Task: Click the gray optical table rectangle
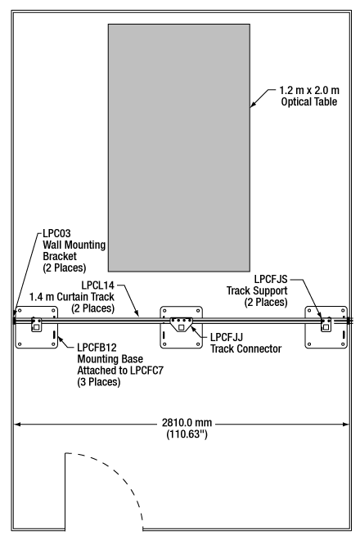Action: click(x=179, y=147)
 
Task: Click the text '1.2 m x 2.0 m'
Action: click(x=309, y=90)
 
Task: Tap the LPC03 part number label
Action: click(x=56, y=233)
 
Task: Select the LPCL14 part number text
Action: click(x=97, y=285)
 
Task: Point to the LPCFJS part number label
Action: click(x=271, y=279)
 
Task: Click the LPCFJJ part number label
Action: click(x=227, y=337)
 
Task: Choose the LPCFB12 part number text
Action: click(x=97, y=348)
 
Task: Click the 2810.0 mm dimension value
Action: click(x=187, y=423)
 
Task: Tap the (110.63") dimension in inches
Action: click(x=187, y=434)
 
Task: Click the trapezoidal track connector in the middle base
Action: click(x=181, y=324)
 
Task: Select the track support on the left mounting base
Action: click(x=36, y=324)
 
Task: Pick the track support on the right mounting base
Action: click(x=326, y=325)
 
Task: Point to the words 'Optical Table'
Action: click(x=309, y=101)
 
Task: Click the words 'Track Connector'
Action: click(x=245, y=348)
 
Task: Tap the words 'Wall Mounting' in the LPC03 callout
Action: click(x=74, y=245)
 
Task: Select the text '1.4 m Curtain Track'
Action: click(x=71, y=297)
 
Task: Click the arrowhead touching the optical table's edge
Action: click(x=254, y=104)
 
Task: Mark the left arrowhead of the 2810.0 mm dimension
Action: click(x=16, y=424)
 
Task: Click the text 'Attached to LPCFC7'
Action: click(x=120, y=371)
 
